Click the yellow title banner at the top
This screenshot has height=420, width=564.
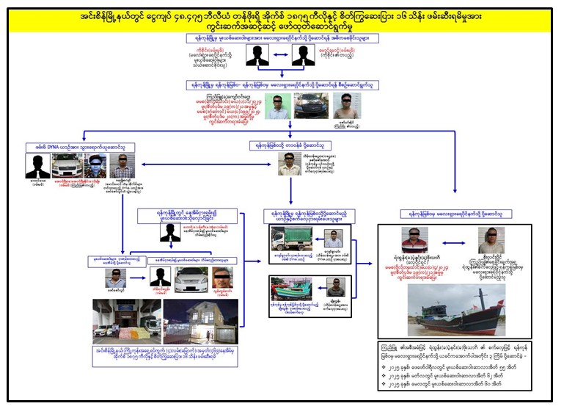282,20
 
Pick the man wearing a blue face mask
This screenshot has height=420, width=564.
95,164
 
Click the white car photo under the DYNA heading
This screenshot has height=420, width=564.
65,165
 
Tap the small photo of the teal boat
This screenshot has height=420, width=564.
290,288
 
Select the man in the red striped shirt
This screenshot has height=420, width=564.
416,239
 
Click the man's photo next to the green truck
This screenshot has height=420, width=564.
333,238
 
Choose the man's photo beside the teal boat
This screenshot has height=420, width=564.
334,286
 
